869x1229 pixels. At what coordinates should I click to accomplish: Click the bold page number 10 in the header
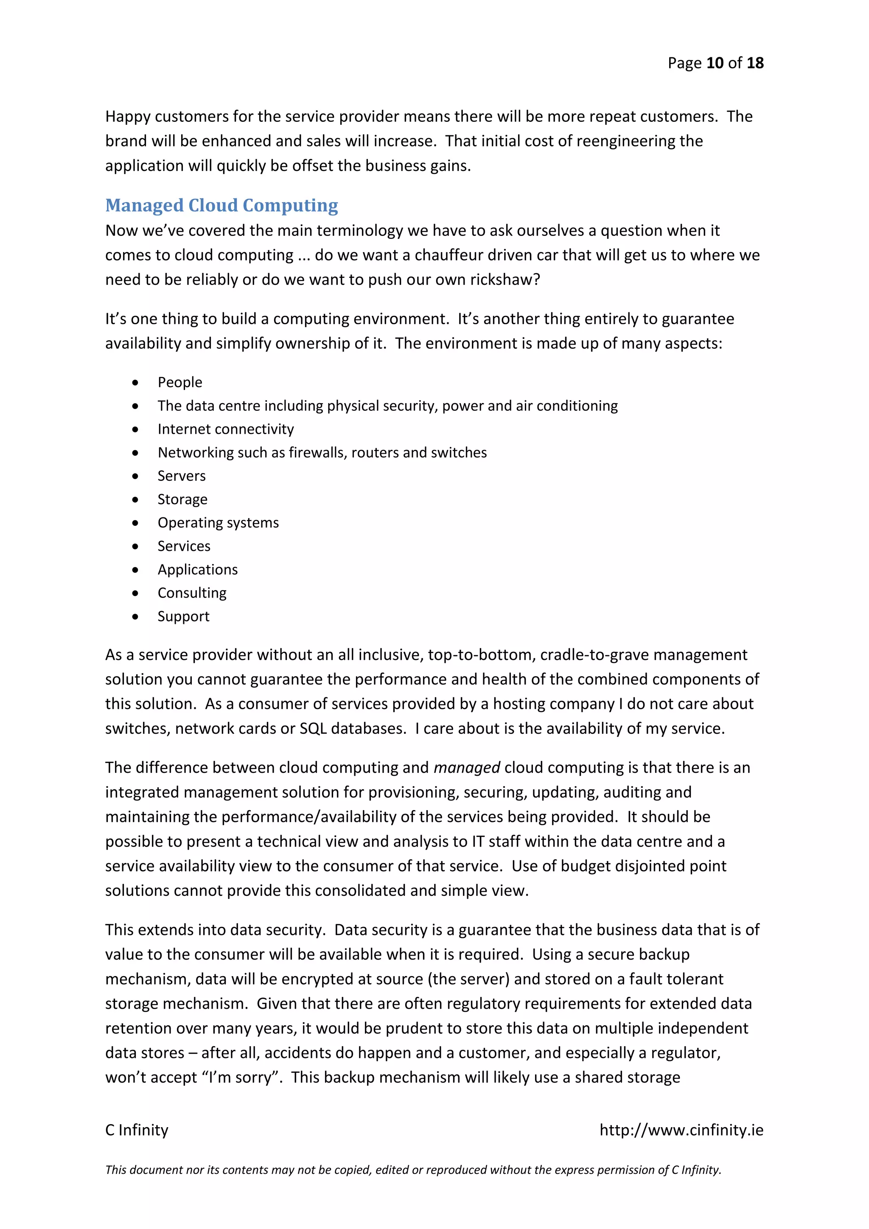tap(715, 63)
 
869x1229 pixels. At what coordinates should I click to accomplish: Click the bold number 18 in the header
tap(754, 63)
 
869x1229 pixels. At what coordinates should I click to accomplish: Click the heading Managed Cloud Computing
tap(221, 205)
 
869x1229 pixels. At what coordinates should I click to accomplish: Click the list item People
tap(180, 382)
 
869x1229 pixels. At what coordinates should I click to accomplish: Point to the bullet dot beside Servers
tap(135, 476)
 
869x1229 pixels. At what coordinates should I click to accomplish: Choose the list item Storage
tap(182, 499)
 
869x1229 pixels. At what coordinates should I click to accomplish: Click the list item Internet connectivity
tap(225, 429)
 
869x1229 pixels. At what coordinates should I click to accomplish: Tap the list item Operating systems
tap(218, 523)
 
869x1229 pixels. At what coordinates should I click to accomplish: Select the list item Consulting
tap(191, 593)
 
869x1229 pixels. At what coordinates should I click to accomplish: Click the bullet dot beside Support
tap(135, 617)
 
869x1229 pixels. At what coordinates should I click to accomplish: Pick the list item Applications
tap(197, 570)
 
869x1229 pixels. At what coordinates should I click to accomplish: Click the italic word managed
tap(467, 768)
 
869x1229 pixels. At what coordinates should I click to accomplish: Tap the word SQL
tap(312, 729)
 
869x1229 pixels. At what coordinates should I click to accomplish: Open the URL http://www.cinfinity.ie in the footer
tap(681, 1130)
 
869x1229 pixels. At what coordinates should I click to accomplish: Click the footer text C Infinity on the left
tap(137, 1130)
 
